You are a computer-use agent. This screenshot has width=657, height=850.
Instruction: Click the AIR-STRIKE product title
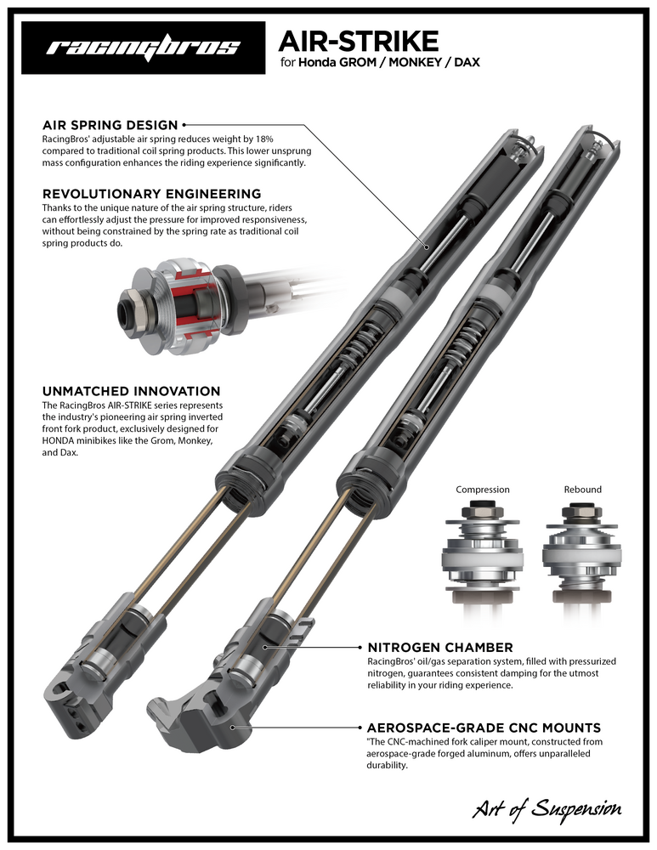(359, 40)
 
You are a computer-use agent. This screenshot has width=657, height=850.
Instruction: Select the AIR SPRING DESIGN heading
(110, 125)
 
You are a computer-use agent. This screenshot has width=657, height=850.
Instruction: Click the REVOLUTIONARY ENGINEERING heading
(151, 194)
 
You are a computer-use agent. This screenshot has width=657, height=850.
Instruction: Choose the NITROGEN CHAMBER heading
(439, 647)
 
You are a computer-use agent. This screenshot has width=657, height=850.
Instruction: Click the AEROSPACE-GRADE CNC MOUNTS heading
(484, 728)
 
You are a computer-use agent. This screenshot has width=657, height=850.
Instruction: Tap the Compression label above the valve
(483, 490)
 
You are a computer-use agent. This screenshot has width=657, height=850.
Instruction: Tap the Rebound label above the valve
(582, 490)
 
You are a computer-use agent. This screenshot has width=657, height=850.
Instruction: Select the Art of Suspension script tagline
(547, 808)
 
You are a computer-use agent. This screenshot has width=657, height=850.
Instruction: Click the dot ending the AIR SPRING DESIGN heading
(184, 125)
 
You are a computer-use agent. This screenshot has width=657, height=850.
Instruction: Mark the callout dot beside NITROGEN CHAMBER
(266, 647)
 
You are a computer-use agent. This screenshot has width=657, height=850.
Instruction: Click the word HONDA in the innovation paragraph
(63, 443)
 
